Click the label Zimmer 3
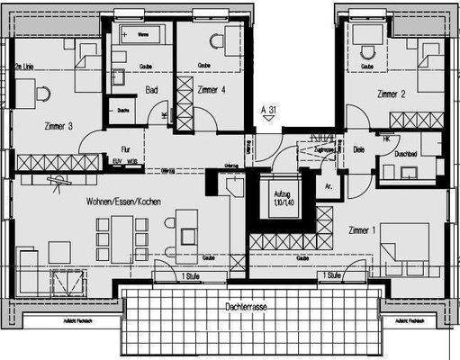pos(59,126)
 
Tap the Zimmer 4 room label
pos(212,91)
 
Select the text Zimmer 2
pos(391,93)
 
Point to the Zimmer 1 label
pos(364,231)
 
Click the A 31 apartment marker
pos(267,110)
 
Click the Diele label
pos(358,149)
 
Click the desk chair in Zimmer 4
pos(215,42)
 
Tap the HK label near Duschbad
pos(387,139)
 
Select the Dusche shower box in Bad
pos(122,112)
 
